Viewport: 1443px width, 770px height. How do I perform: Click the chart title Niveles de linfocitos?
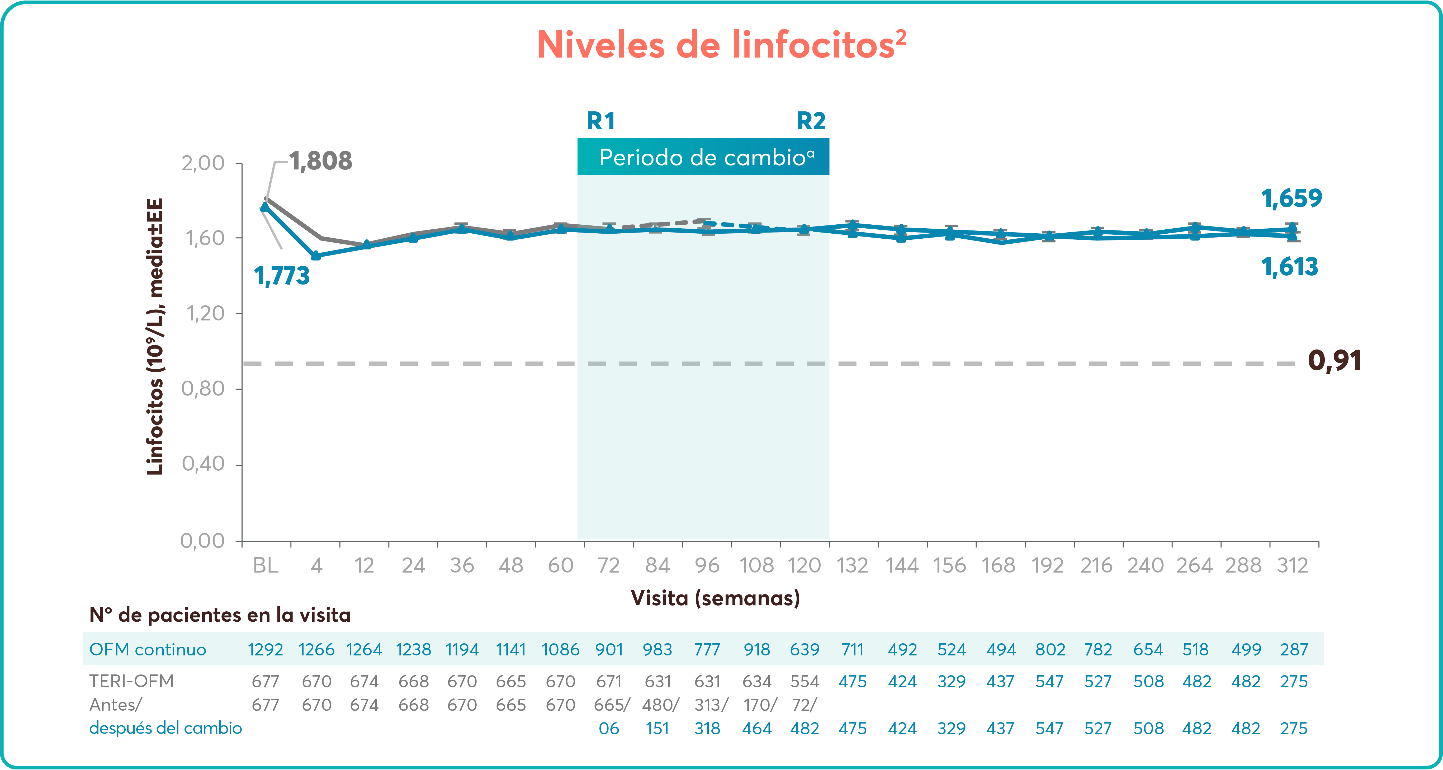[721, 45]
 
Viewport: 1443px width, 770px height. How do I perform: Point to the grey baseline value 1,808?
[320, 161]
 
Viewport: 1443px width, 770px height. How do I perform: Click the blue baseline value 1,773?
[282, 276]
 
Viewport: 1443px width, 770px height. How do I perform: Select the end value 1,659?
[1291, 199]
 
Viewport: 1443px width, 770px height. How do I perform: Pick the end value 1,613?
[1289, 267]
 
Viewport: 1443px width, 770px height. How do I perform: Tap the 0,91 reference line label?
[1334, 360]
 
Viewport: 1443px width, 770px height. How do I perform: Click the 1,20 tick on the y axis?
[205, 313]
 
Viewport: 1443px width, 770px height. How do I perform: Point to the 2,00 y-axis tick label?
[203, 163]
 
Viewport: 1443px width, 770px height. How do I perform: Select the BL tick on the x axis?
[266, 565]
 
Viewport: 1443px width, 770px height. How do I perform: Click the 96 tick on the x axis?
[707, 565]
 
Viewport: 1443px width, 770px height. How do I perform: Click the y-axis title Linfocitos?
[155, 336]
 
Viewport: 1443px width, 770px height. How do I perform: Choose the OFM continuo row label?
[148, 650]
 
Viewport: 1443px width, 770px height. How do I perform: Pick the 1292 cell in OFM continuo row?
[266, 650]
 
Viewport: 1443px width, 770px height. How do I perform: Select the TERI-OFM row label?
[132, 681]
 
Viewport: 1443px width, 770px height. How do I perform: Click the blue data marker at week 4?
[316, 256]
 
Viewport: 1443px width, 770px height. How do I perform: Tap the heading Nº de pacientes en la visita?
[220, 615]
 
